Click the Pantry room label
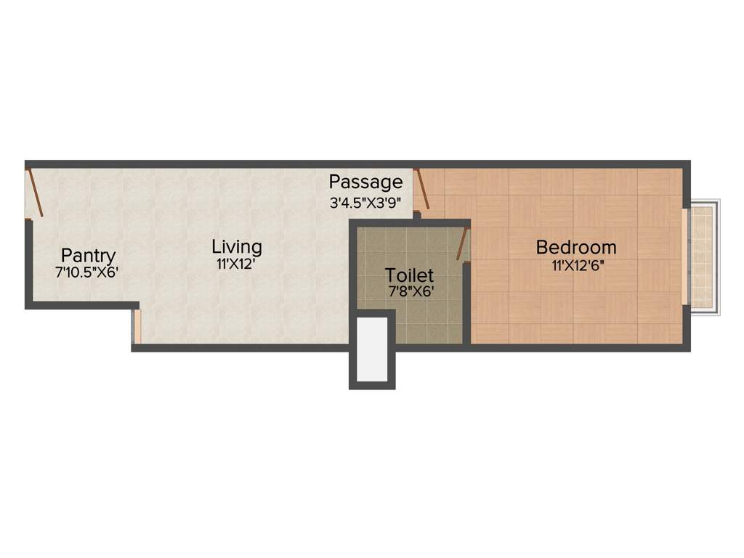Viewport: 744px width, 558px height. pyautogui.click(x=88, y=256)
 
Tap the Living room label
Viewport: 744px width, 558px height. pyautogui.click(x=237, y=246)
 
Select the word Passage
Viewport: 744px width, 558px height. pyautogui.click(x=365, y=182)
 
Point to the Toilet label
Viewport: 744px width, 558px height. pyautogui.click(x=410, y=275)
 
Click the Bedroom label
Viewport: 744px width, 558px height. pyautogui.click(x=576, y=247)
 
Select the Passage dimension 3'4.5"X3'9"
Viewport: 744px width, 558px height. pyautogui.click(x=365, y=203)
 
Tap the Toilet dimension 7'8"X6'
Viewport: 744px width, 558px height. pyautogui.click(x=410, y=293)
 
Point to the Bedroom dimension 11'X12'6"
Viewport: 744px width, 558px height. pyautogui.click(x=578, y=265)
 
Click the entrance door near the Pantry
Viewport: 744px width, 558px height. pyautogui.click(x=35, y=193)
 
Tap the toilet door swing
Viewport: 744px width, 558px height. pyautogui.click(x=462, y=244)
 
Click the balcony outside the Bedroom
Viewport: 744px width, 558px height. pyautogui.click(x=703, y=257)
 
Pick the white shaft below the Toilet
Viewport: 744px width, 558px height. pyautogui.click(x=372, y=349)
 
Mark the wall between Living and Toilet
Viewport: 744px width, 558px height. pyautogui.click(x=353, y=283)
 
